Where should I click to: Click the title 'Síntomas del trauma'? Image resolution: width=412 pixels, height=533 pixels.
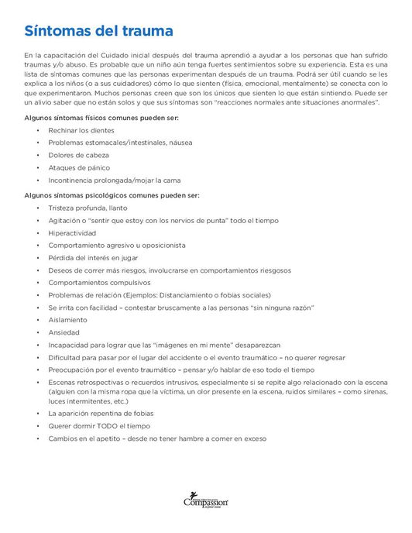coord(98,32)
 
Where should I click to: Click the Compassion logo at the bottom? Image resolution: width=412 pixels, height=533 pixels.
coord(205,501)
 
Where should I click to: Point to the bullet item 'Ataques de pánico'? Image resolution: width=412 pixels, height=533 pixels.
coord(78,167)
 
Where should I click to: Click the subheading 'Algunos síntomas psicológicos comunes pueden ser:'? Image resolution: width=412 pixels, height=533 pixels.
coord(112,195)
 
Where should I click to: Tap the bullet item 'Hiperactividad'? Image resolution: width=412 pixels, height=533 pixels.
coord(72,233)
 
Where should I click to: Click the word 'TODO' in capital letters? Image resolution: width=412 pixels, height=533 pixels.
coord(112,426)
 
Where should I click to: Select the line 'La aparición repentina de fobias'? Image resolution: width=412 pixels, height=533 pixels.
coord(101,414)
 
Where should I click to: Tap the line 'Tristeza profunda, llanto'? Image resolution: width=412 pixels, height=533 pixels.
coord(88,208)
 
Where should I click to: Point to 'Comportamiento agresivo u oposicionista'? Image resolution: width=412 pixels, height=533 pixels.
coord(117,246)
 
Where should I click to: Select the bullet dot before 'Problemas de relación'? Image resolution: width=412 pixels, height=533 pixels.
coord(37,295)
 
